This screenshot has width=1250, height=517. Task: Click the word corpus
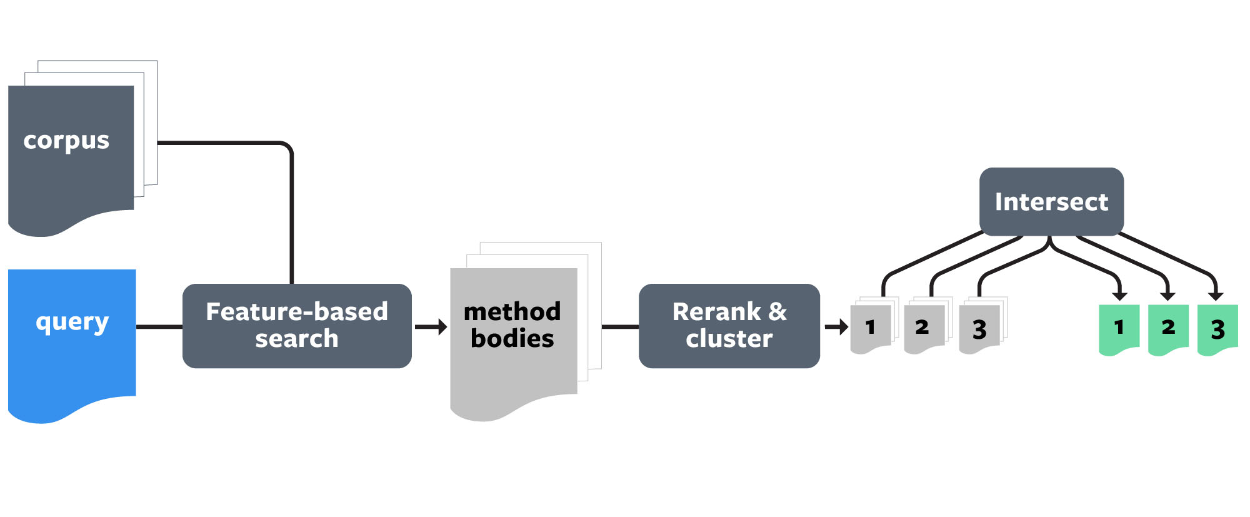[66, 141]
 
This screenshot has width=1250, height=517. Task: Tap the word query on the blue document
[72, 323]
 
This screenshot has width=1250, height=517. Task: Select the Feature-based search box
[297, 326]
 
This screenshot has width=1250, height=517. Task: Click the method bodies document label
[512, 325]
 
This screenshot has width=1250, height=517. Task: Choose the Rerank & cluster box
[729, 326]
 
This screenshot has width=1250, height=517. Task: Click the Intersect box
[1051, 202]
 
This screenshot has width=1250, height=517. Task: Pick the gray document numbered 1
[871, 328]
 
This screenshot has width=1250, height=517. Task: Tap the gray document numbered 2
[922, 328]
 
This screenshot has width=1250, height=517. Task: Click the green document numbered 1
[1119, 328]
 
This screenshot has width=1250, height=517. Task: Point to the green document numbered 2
[1168, 328]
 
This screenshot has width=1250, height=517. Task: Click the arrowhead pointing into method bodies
[442, 326]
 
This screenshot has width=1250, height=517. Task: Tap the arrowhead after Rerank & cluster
[843, 326]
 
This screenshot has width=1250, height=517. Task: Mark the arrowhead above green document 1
[1120, 295]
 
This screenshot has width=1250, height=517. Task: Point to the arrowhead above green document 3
[1216, 295]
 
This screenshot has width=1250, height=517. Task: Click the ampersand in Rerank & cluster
[777, 311]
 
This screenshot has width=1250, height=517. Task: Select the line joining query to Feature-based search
[159, 326]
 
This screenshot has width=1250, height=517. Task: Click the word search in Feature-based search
[297, 339]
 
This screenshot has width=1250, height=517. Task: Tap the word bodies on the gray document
[512, 339]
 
